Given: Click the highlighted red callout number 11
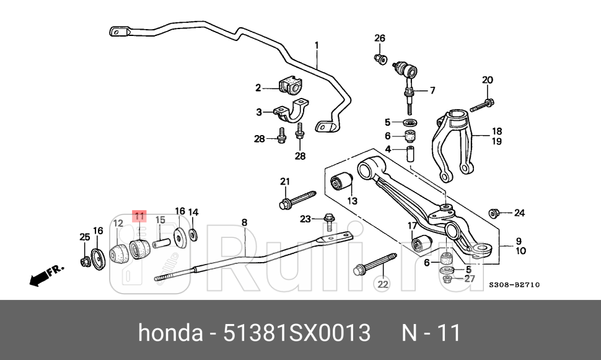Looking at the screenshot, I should [139, 216].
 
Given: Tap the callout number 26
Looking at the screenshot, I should [379, 38].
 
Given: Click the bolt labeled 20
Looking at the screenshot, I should [481, 105].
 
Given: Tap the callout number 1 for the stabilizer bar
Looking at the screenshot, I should [317, 45].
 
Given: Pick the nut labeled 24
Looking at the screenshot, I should [494, 213].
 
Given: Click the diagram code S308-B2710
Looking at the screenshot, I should [514, 285].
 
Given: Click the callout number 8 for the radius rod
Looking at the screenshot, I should [244, 222].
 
